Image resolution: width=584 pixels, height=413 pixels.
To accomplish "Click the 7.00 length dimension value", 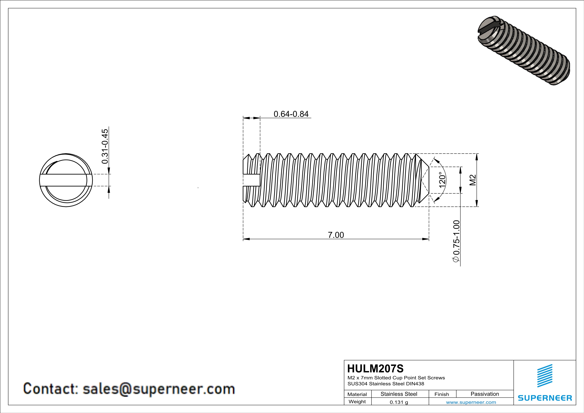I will point(336,235).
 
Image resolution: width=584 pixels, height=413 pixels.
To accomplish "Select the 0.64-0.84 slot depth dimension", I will point(291,114).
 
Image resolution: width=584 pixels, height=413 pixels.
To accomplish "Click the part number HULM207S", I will point(375,369).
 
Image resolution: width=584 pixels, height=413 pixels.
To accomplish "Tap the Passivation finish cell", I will point(485,394).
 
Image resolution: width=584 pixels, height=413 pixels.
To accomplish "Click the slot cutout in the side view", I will point(251,180).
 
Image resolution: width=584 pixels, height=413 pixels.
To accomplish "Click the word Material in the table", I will point(357,394).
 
